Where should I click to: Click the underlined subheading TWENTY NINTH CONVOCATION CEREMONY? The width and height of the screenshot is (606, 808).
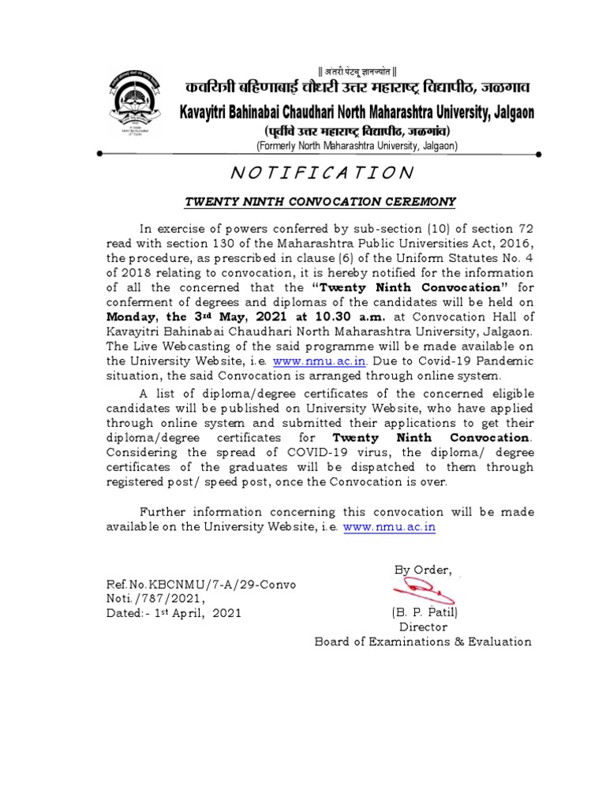(320, 201)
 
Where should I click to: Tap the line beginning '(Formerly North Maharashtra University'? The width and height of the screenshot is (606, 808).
(351, 146)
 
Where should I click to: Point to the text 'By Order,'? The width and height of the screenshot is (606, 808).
(422, 570)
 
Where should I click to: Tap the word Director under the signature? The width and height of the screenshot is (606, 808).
(423, 627)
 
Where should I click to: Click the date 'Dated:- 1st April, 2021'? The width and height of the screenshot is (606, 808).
(174, 612)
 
